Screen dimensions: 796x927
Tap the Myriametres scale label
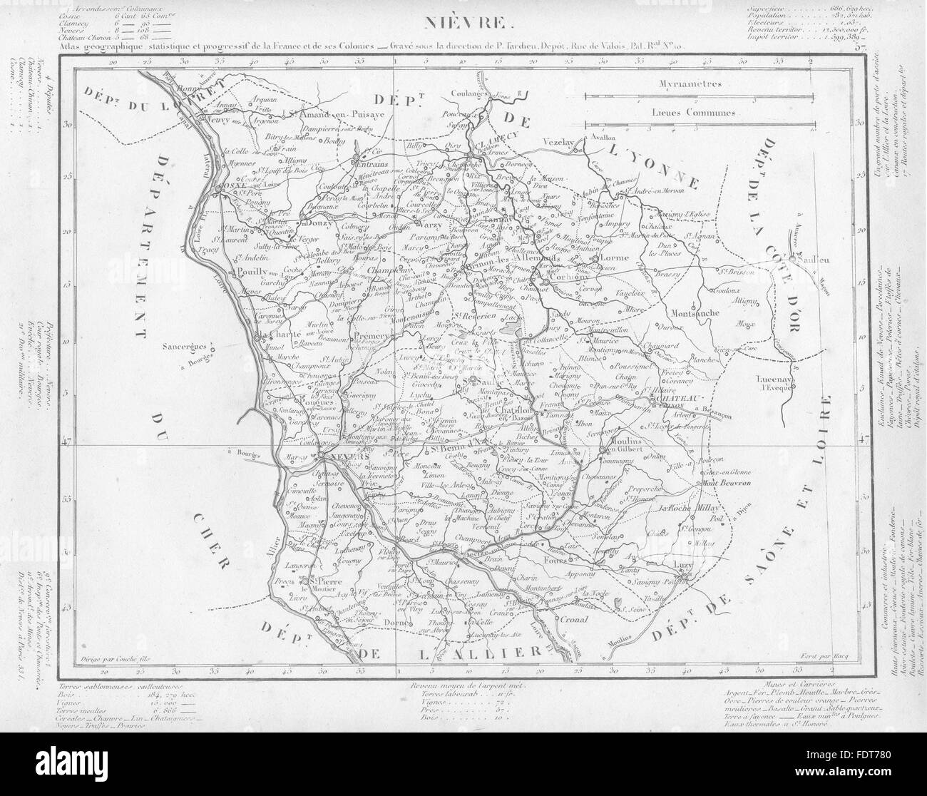691,83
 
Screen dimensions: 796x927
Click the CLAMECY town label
493,142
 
